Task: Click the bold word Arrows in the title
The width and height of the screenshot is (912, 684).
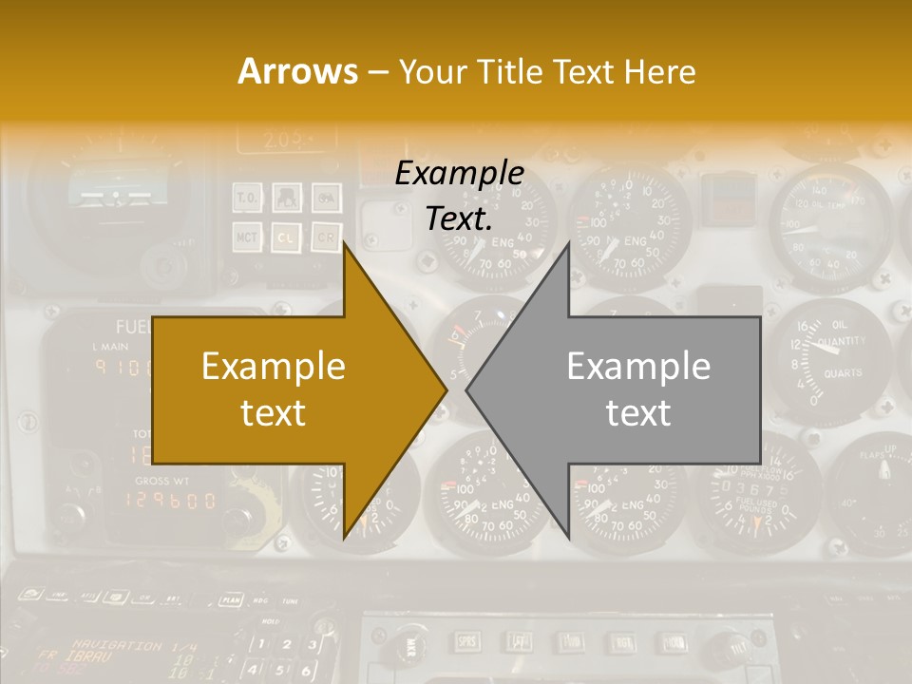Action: pyautogui.click(x=297, y=71)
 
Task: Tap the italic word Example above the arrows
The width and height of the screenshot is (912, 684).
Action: pyautogui.click(x=459, y=174)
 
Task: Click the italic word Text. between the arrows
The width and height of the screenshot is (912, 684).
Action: pyautogui.click(x=459, y=219)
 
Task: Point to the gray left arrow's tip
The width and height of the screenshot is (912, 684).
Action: pyautogui.click(x=468, y=388)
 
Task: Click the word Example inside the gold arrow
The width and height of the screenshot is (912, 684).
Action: pyautogui.click(x=273, y=367)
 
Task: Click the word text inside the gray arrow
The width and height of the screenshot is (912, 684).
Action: pyautogui.click(x=637, y=412)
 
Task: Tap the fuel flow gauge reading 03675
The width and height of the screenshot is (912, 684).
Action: pyautogui.click(x=756, y=488)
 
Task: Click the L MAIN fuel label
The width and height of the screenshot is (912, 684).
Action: pyautogui.click(x=110, y=347)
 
